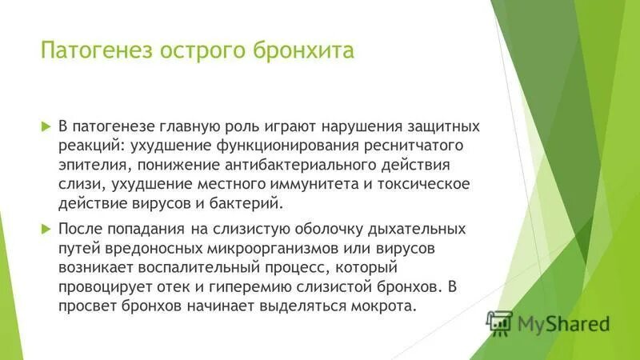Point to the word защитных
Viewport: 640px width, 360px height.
[440, 126]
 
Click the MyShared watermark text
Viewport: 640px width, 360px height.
[563, 324]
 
